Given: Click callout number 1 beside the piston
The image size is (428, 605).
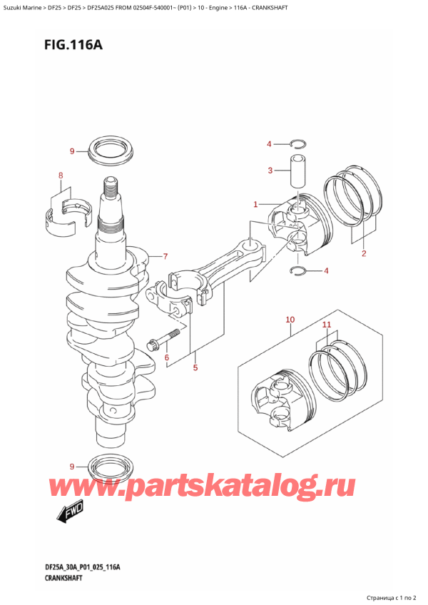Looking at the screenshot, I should point(255,205).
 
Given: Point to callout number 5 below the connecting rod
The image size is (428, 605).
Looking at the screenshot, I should point(195,368).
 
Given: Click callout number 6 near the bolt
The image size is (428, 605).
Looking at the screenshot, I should point(166,357).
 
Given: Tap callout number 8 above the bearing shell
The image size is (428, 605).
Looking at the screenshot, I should point(61,176).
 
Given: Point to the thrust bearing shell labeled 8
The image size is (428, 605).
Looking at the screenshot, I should point(68,212).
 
